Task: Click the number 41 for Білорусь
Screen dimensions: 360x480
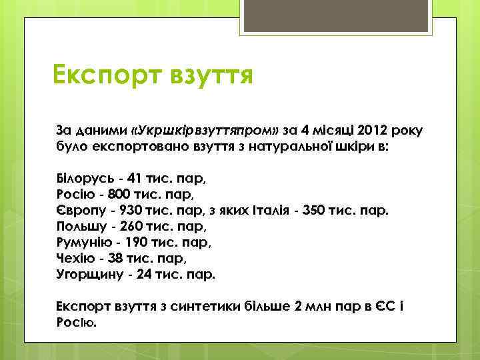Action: coord(135,180)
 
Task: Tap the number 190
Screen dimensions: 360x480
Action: coord(137,242)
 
